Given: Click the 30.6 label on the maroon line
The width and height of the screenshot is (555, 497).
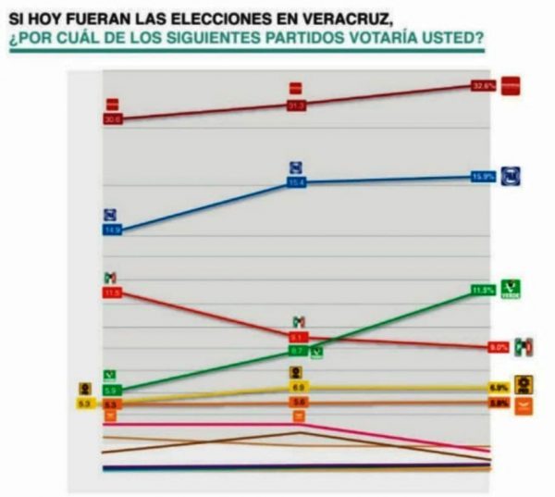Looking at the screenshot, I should click(x=113, y=119).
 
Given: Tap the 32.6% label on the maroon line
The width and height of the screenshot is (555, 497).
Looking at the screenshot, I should click(x=484, y=85).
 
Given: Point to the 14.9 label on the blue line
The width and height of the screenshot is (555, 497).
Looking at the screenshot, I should click(x=113, y=230).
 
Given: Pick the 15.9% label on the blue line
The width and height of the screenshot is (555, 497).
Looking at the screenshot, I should click(x=484, y=176).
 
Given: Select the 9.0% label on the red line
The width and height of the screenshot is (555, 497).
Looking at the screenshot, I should click(x=499, y=347).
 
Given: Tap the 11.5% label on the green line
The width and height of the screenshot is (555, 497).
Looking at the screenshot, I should click(x=483, y=290).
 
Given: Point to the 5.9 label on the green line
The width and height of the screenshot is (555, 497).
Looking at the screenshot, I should click(x=111, y=391).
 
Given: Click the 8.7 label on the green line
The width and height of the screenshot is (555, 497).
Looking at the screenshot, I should click(x=298, y=352).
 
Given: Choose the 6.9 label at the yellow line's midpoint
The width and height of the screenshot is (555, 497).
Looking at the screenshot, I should click(x=298, y=386).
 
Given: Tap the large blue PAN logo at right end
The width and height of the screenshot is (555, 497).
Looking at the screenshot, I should click(x=512, y=175).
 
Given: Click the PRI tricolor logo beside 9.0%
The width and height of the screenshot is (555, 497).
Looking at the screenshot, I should click(x=524, y=346).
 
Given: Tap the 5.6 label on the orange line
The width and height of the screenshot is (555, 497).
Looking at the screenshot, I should click(x=298, y=403).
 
